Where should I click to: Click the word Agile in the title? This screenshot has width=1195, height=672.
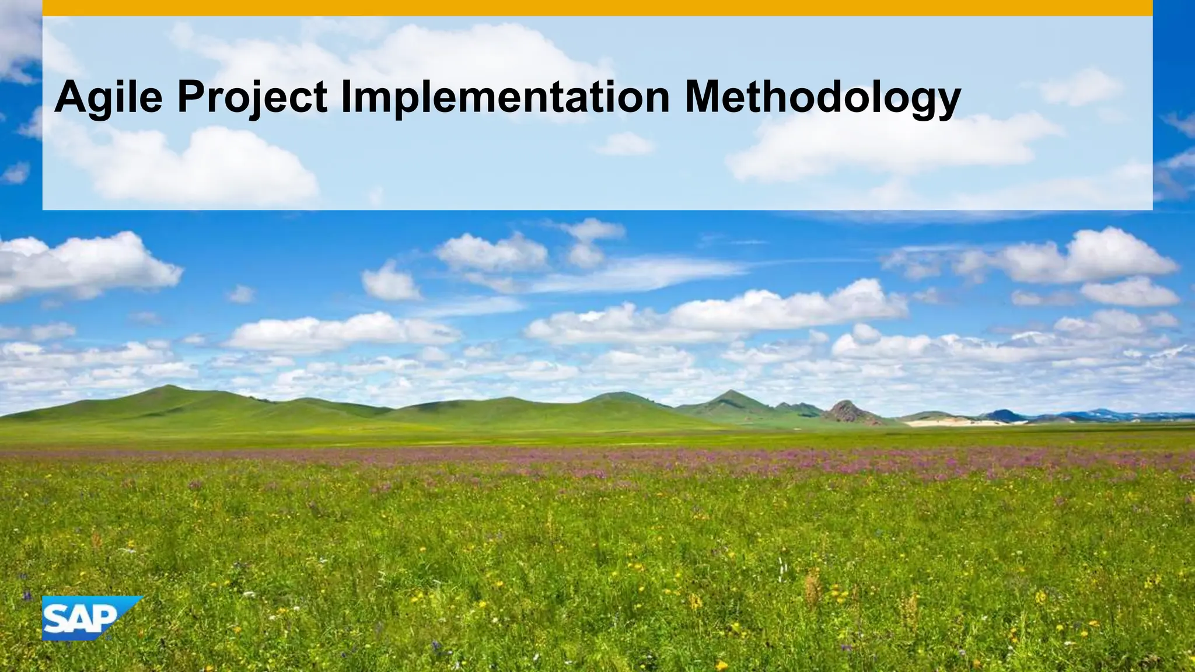click(x=109, y=97)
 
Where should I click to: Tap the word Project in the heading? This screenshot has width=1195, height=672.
click(x=251, y=97)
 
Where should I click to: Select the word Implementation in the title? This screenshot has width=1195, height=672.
click(x=505, y=97)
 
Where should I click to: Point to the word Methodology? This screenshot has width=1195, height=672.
click(x=822, y=97)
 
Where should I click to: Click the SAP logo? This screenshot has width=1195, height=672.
click(x=88, y=618)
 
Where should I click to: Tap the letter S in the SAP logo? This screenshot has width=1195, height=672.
click(x=57, y=620)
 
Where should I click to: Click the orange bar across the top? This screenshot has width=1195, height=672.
click(x=597, y=8)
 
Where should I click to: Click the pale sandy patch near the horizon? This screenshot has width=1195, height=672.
click(x=945, y=421)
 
